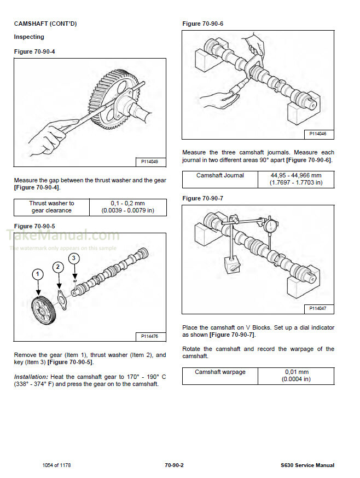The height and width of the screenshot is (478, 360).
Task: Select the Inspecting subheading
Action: tap(29, 37)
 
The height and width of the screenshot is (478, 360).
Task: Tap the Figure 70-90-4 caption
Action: tap(34, 51)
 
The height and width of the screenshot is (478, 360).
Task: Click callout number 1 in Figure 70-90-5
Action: tap(37, 273)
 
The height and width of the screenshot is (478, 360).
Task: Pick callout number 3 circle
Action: tap(75, 257)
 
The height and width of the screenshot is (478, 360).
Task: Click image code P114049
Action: tap(149, 162)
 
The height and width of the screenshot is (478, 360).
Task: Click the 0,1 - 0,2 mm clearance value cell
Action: tap(127, 207)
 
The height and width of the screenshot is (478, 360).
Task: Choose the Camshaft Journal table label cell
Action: tap(220, 176)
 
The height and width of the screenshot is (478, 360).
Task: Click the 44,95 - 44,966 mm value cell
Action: tap(296, 179)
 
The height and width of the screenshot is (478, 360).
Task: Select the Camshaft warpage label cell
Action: tap(220, 372)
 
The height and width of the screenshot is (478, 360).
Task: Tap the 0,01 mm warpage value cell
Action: tap(296, 376)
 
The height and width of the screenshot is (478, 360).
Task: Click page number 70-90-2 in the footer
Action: tap(173, 465)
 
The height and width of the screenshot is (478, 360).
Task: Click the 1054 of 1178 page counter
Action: tap(56, 465)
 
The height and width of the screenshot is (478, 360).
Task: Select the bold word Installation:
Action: tap(31, 377)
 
